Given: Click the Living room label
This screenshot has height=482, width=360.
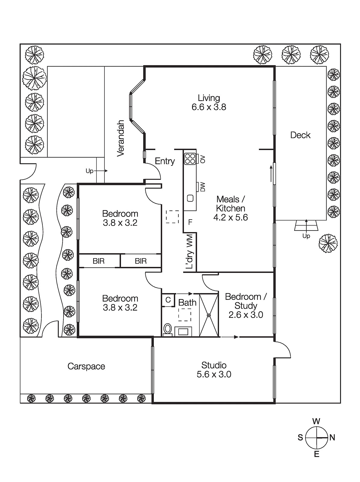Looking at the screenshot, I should [209, 98].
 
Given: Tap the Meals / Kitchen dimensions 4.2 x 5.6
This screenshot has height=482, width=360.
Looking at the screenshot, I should [231, 218].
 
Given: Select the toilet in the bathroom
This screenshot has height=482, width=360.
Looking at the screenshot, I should [167, 329].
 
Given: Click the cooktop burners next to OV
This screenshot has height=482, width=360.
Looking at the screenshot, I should [190, 159].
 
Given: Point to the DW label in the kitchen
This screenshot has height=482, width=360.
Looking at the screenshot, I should [203, 187].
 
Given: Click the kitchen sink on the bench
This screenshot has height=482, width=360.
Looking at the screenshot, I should [190, 198].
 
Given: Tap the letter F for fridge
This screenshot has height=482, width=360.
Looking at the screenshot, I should [190, 222].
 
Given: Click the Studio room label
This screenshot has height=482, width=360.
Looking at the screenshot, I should [214, 365].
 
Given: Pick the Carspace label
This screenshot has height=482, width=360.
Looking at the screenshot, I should [86, 366].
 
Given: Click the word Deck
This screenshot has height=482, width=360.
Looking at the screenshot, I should [300, 135].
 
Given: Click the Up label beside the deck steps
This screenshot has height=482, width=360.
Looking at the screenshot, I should [306, 236].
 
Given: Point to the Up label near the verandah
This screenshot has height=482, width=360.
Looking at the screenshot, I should [89, 171].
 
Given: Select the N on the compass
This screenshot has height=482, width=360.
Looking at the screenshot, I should [332, 437].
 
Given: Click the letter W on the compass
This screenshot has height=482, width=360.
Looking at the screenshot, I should [316, 421].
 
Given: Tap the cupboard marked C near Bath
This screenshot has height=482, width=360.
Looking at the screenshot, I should [168, 300].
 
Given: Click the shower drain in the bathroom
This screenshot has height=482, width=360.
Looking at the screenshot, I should [209, 315].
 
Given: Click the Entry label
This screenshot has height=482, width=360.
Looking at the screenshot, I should [165, 161].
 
